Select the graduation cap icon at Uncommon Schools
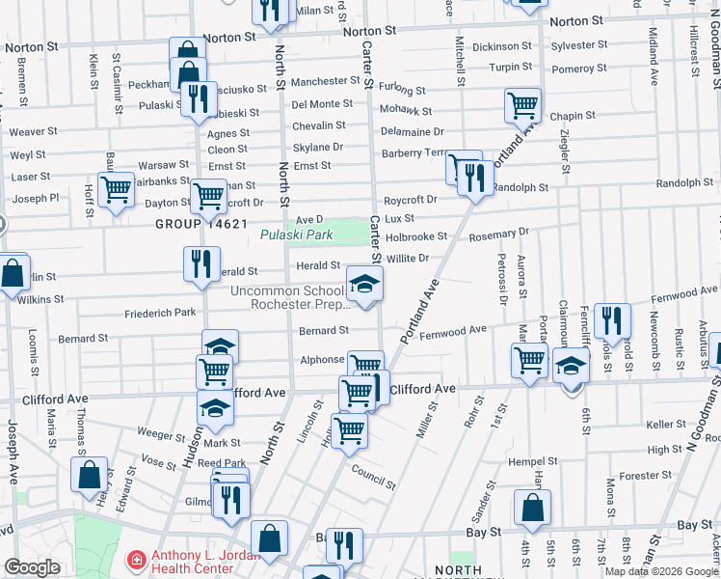click(x=364, y=284)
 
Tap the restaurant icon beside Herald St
click(x=200, y=263)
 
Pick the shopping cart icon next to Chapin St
click(x=522, y=104)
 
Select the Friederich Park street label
click(x=160, y=314)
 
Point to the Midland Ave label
click(x=653, y=59)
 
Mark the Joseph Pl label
click(x=36, y=199)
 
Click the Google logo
click(x=32, y=567)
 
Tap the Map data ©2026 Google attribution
click(x=660, y=571)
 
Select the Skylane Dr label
click(x=318, y=147)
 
